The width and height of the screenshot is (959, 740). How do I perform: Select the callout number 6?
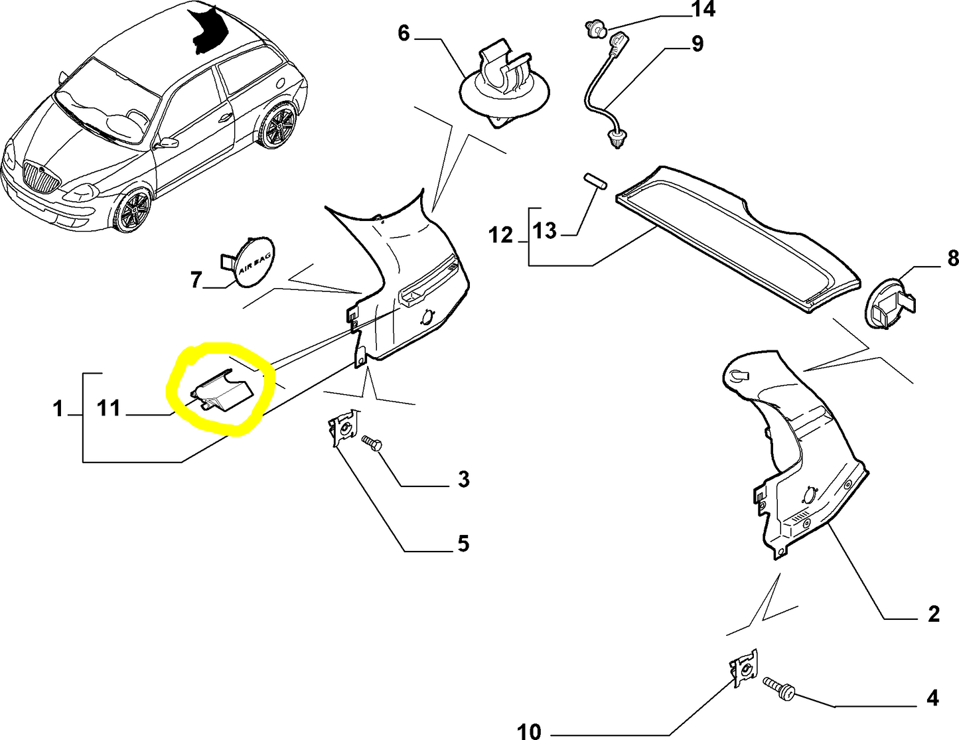pos(404,33)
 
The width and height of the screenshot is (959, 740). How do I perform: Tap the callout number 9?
pos(697,44)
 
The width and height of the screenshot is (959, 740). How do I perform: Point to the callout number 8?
pos(952,258)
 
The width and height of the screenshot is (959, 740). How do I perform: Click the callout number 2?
pos(933,614)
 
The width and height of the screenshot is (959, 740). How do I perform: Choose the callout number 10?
pos(529,731)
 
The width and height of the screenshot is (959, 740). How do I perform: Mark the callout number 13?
pos(544,230)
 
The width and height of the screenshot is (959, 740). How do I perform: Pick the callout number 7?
pos(196,280)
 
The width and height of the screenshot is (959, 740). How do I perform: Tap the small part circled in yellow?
pos(221,393)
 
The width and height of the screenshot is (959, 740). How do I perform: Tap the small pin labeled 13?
pos(595,181)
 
